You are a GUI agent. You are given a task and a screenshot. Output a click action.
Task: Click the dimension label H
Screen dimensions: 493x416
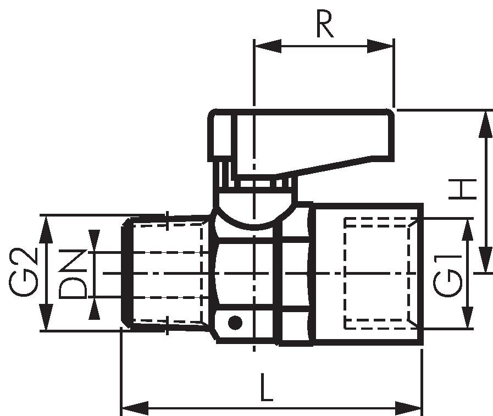[x=463, y=189]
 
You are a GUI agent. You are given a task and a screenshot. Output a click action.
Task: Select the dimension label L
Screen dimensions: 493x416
[x=267, y=387]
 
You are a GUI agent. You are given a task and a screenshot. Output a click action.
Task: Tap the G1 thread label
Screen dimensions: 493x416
[x=447, y=276]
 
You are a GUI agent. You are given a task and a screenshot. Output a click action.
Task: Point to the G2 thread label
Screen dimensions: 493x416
[x=24, y=272]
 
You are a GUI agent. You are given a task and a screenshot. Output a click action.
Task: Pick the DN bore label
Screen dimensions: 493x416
[x=73, y=274]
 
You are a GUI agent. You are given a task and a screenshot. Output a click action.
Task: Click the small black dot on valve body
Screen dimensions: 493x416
[x=235, y=323]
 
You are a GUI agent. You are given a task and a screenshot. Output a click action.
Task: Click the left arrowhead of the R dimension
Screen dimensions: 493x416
[x=268, y=46]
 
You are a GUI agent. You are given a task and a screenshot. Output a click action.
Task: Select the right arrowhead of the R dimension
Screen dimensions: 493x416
[x=380, y=46]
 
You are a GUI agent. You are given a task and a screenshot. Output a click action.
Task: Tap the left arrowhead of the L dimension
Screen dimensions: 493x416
[x=135, y=408]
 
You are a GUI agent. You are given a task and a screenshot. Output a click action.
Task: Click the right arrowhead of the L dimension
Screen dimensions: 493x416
[x=408, y=408]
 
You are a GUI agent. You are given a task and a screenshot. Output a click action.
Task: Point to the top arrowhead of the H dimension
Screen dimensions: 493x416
[x=485, y=125]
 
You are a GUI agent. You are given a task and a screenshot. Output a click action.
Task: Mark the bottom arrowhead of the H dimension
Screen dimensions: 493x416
[x=485, y=260]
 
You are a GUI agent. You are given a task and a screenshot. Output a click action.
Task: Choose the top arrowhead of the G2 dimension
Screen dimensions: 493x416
[x=47, y=229]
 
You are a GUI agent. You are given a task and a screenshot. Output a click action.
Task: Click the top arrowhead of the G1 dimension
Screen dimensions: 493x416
[x=468, y=230]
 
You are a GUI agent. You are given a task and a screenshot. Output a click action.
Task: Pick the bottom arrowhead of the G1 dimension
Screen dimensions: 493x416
[x=468, y=318]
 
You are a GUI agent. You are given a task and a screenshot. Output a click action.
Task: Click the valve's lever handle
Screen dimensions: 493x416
[x=301, y=143]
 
